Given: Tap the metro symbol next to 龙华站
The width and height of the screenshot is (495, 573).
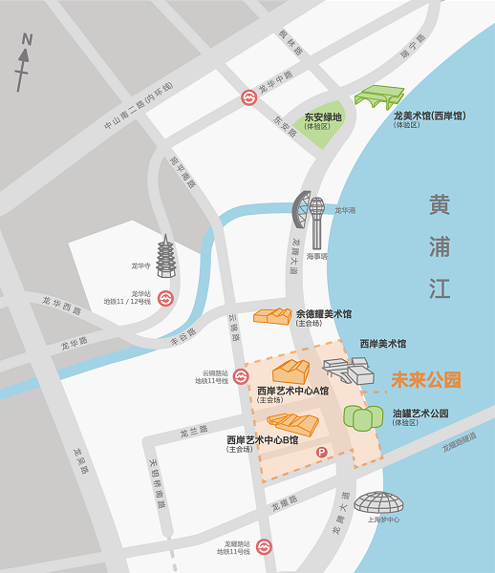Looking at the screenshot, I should (x=165, y=298).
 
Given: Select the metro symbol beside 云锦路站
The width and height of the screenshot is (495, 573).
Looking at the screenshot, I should (x=244, y=375).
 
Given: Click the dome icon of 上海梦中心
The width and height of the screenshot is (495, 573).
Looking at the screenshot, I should (x=379, y=501).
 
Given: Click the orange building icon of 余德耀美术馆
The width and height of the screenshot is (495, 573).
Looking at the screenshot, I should (x=272, y=316).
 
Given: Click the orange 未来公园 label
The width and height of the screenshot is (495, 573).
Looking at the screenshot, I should (x=426, y=380).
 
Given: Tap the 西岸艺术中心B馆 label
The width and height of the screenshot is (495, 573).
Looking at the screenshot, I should (x=262, y=440).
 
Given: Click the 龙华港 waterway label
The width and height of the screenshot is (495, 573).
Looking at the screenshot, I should (x=345, y=210).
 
